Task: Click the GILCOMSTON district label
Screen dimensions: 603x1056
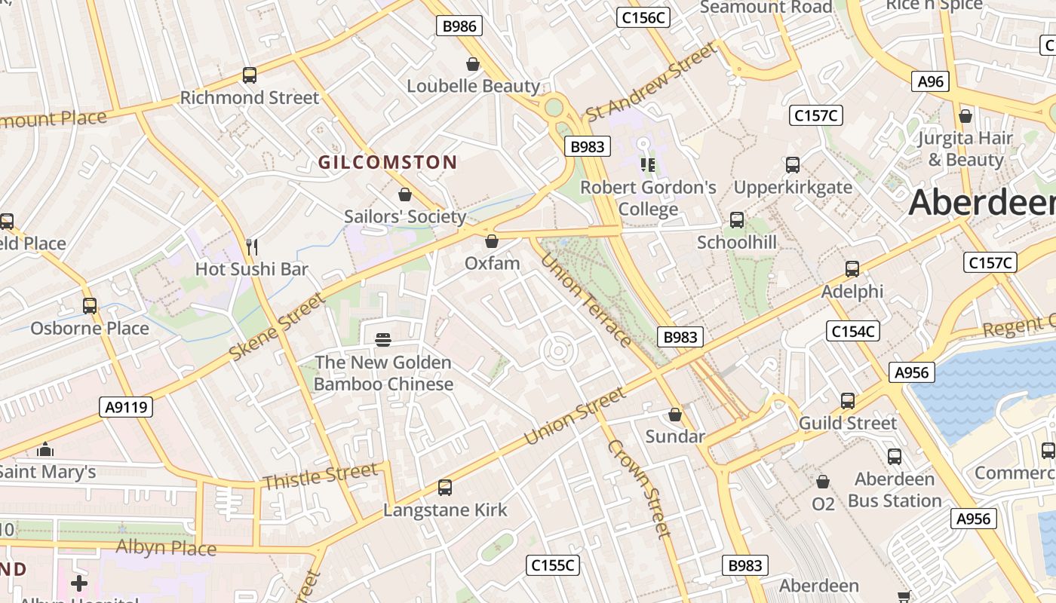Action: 388,162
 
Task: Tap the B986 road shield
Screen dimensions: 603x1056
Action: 459,26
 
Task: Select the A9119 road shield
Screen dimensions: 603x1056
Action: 126,408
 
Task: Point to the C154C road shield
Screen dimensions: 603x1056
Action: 853,331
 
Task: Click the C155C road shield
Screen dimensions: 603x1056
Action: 553,565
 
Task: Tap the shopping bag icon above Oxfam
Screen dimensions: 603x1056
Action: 492,241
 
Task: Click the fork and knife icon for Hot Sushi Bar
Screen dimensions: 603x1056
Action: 252,246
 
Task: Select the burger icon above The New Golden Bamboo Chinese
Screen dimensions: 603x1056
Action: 383,340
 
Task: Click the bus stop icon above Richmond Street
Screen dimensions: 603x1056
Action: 250,75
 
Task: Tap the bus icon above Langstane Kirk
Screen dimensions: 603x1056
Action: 445,488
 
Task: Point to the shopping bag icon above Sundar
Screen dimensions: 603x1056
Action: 675,415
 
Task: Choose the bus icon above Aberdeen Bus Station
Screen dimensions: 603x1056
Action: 895,456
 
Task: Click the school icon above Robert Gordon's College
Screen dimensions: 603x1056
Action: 647,164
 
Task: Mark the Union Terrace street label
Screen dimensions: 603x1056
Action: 586,299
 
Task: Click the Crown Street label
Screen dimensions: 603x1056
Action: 639,489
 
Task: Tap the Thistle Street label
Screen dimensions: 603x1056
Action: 320,476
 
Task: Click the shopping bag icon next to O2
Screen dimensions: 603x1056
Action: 823,481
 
